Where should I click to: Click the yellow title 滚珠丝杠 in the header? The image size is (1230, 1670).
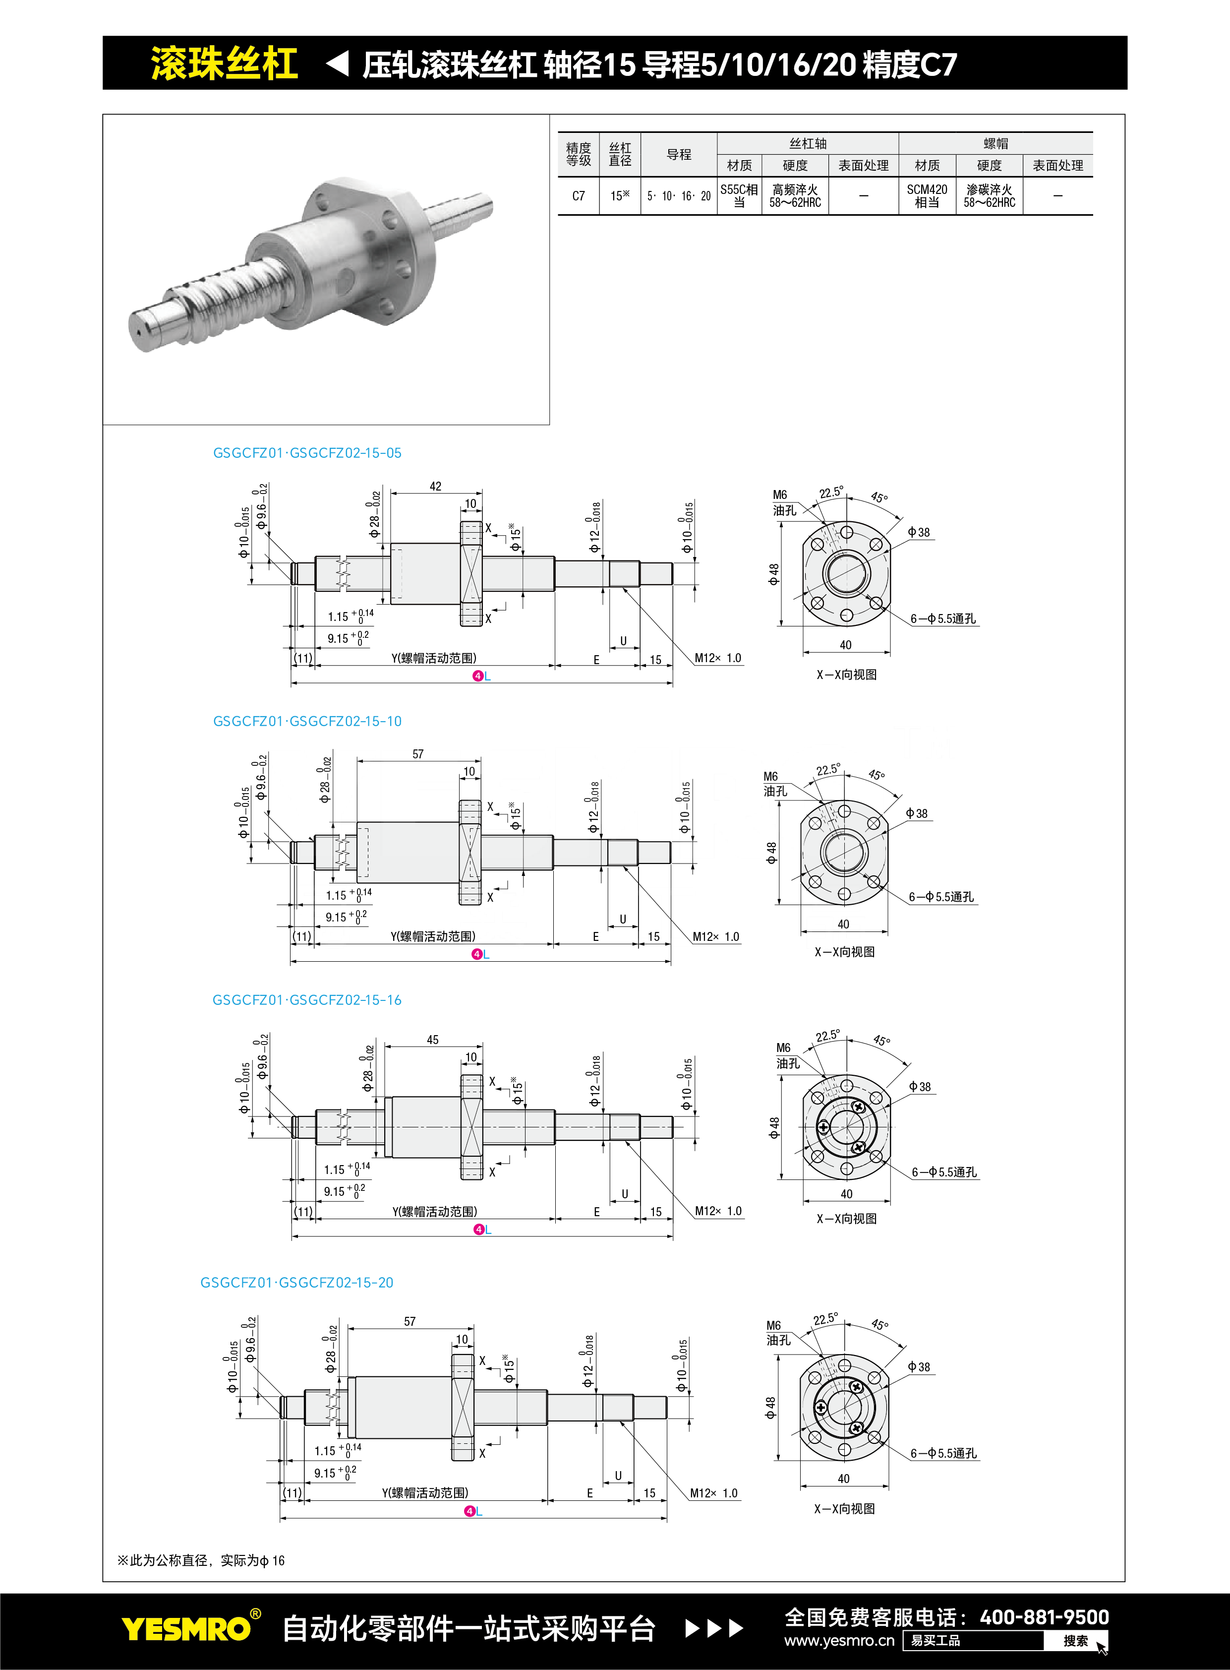(x=224, y=63)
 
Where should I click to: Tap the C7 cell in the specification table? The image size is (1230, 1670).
(x=579, y=196)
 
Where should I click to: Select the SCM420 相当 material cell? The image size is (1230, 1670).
(x=927, y=196)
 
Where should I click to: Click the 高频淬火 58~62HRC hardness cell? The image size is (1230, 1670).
(x=795, y=196)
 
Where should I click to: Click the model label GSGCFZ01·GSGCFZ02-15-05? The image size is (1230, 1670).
(x=307, y=453)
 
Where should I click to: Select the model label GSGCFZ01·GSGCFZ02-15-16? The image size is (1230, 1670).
(x=307, y=999)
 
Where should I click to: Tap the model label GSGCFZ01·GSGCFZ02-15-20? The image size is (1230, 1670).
(x=296, y=1283)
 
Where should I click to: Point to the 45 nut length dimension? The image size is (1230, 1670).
(x=433, y=1040)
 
